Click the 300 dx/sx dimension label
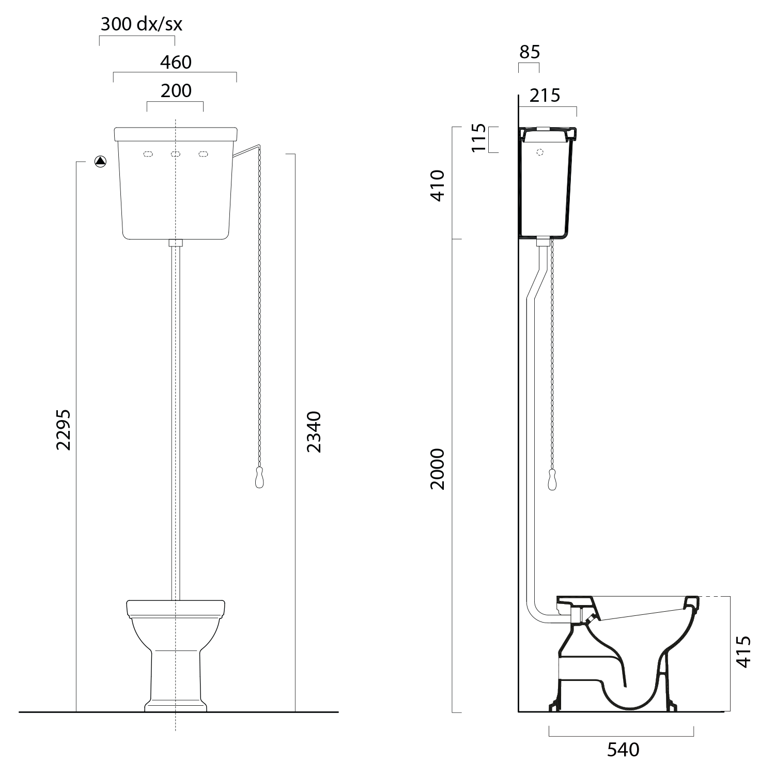coord(141,24)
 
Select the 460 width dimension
coord(176,62)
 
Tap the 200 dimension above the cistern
coord(176,91)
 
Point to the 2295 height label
coord(64,430)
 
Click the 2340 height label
coord(314,432)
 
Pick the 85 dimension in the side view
coord(529,52)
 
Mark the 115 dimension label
coord(479,138)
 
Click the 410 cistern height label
coord(438,185)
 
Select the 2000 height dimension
coord(438,469)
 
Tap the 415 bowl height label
coord(742,652)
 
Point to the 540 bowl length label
coord(623,750)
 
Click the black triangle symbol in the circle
coord(101,161)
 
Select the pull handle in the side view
coord(552,480)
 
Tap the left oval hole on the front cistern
coord(148,154)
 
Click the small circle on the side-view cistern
coord(540,152)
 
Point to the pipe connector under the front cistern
coord(176,242)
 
